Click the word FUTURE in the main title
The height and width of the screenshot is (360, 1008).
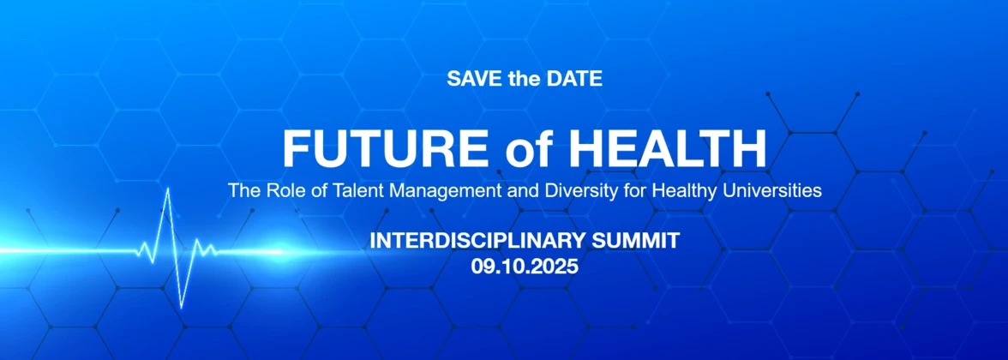click(385, 148)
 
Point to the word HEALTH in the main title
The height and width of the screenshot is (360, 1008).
click(668, 148)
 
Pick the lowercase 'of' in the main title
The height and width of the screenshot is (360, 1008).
click(528, 150)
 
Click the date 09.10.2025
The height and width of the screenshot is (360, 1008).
click(525, 266)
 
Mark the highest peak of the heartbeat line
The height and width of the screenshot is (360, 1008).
click(168, 189)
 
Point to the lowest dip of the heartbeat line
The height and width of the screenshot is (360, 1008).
click(182, 307)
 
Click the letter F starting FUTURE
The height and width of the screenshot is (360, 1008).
click(296, 148)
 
